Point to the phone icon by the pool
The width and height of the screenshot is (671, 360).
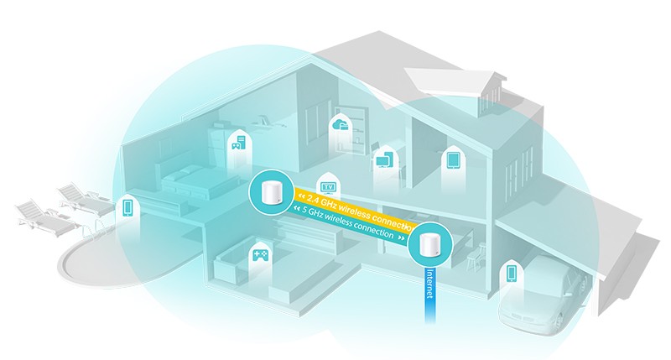point(128,206)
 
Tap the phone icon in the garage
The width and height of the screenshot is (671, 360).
point(510,273)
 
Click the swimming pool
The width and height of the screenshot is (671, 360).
point(92,252)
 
